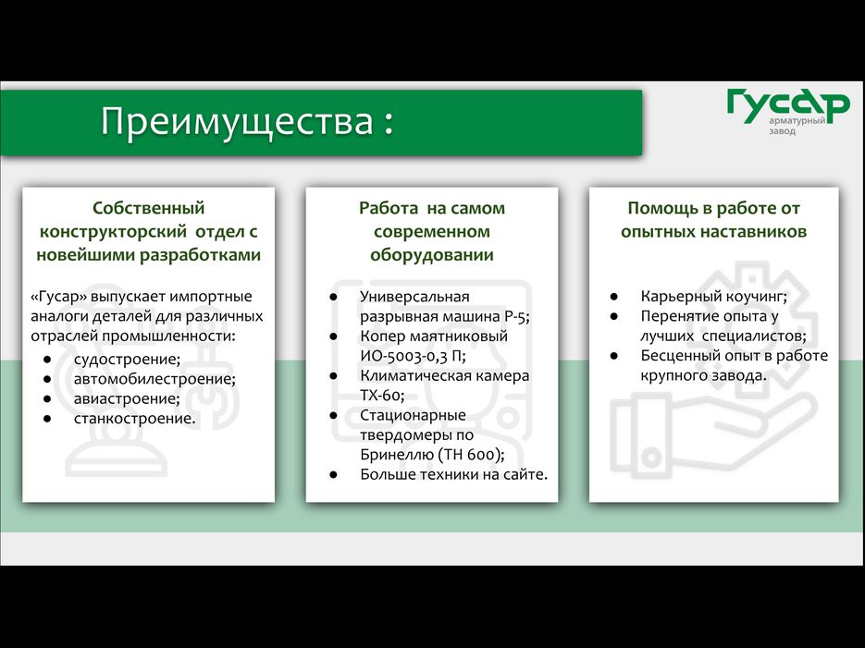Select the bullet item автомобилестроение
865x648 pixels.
154,379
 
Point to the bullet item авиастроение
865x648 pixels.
127,398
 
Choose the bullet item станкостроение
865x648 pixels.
135,419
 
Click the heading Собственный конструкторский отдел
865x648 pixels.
148,231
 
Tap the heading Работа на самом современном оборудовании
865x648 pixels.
431,231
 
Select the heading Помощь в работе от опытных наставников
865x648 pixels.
713,220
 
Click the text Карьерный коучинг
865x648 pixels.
713,297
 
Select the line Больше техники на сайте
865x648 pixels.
453,474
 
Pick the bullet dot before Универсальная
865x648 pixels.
333,297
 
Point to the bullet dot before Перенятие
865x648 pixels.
614,316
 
